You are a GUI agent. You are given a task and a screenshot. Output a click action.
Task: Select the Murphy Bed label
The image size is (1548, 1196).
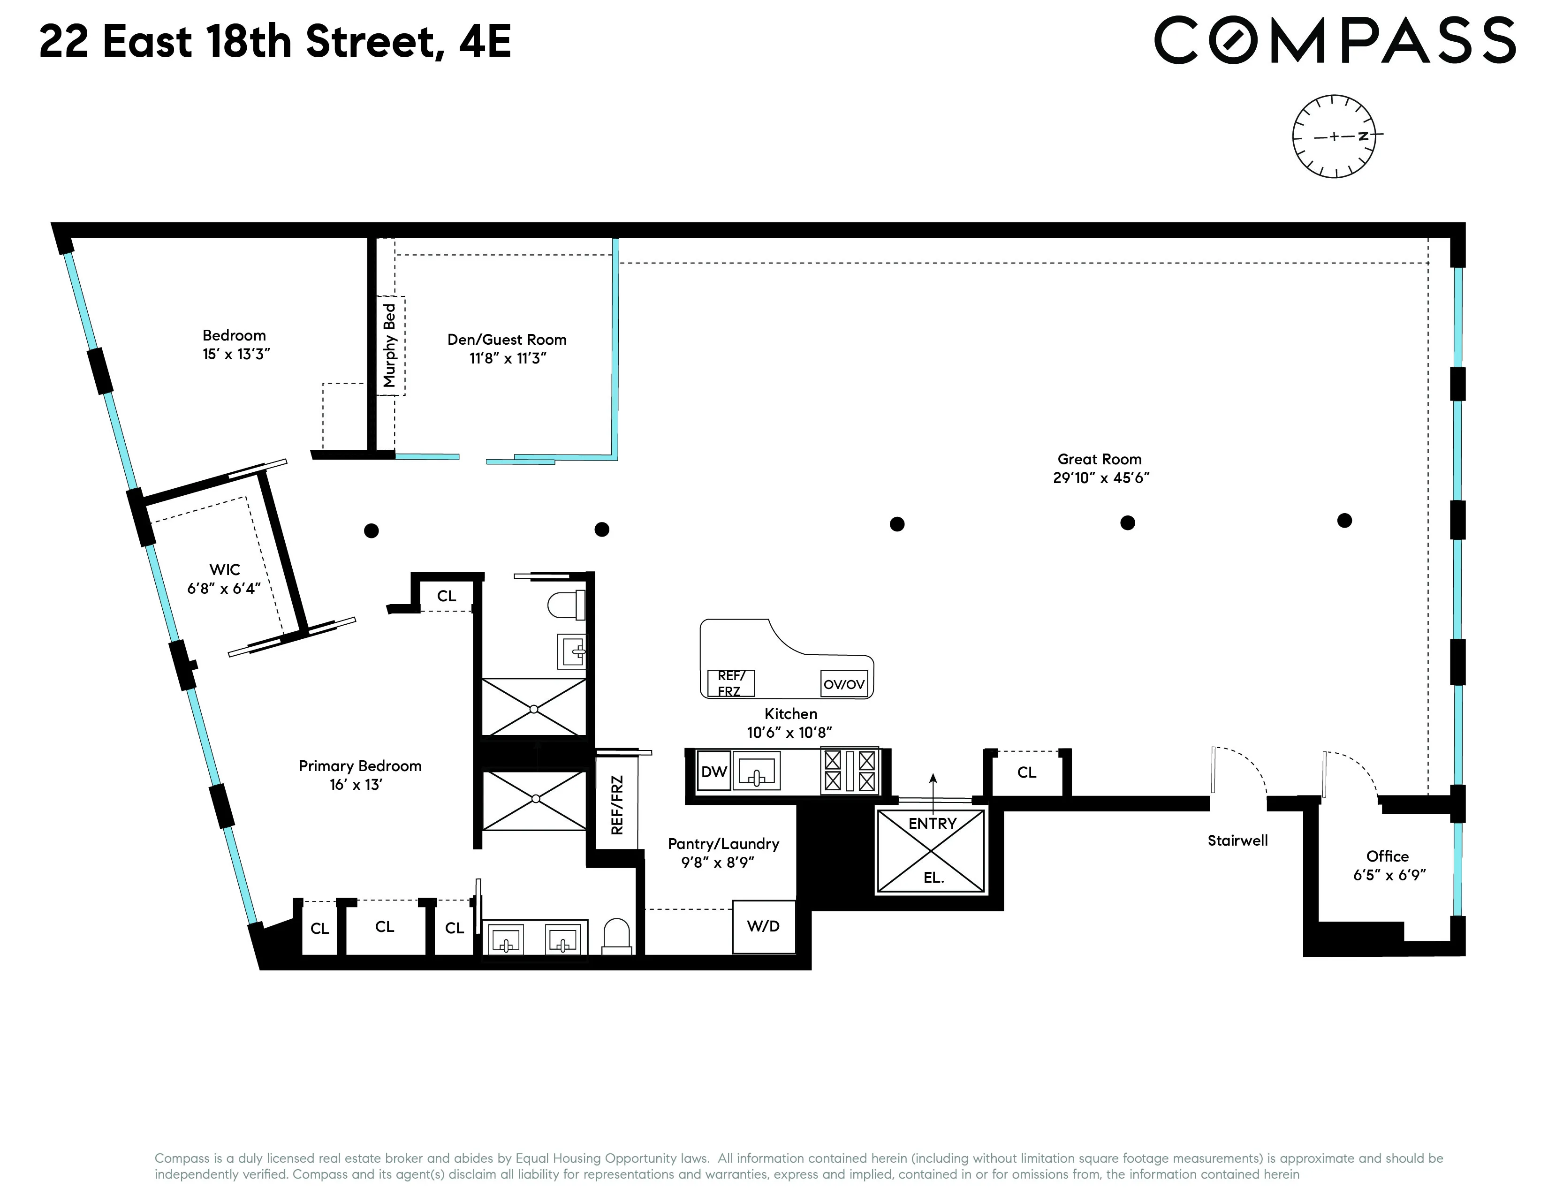click(x=389, y=345)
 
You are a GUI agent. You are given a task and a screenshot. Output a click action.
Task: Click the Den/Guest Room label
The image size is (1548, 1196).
click(x=507, y=340)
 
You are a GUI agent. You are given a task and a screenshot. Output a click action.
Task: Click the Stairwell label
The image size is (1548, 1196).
click(x=1237, y=840)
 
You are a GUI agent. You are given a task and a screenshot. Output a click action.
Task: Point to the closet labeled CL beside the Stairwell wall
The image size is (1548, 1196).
click(x=1026, y=772)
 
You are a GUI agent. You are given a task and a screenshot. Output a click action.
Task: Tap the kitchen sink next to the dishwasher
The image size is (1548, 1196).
click(x=756, y=772)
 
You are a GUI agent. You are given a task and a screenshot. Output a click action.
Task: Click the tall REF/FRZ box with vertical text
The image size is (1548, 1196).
click(x=617, y=804)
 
